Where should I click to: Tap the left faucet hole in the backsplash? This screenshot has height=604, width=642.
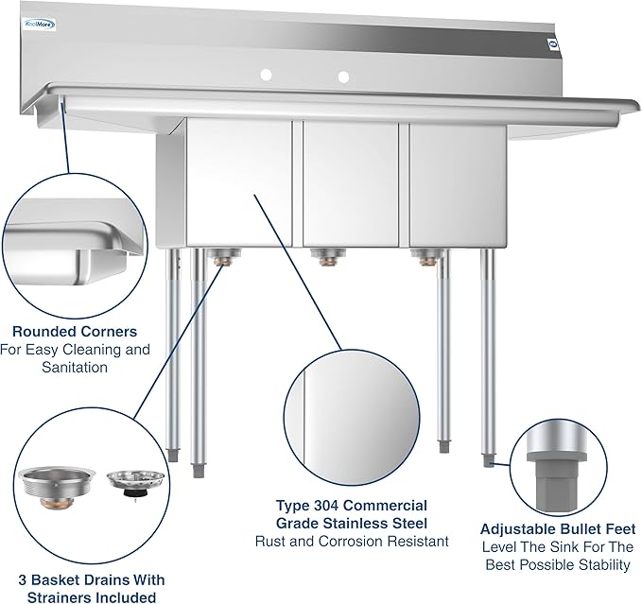pyautogui.click(x=266, y=73)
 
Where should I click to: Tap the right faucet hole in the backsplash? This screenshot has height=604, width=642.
pyautogui.click(x=343, y=76)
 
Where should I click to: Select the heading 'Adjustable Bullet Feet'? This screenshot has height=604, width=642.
pyautogui.click(x=558, y=529)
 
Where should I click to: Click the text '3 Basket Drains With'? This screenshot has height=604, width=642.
pyautogui.click(x=91, y=579)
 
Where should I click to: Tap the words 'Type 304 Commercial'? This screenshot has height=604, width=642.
pyautogui.click(x=352, y=506)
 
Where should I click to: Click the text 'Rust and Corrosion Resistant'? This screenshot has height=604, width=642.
pyautogui.click(x=352, y=542)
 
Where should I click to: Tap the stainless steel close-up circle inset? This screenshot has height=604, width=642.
pyautogui.click(x=352, y=411)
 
